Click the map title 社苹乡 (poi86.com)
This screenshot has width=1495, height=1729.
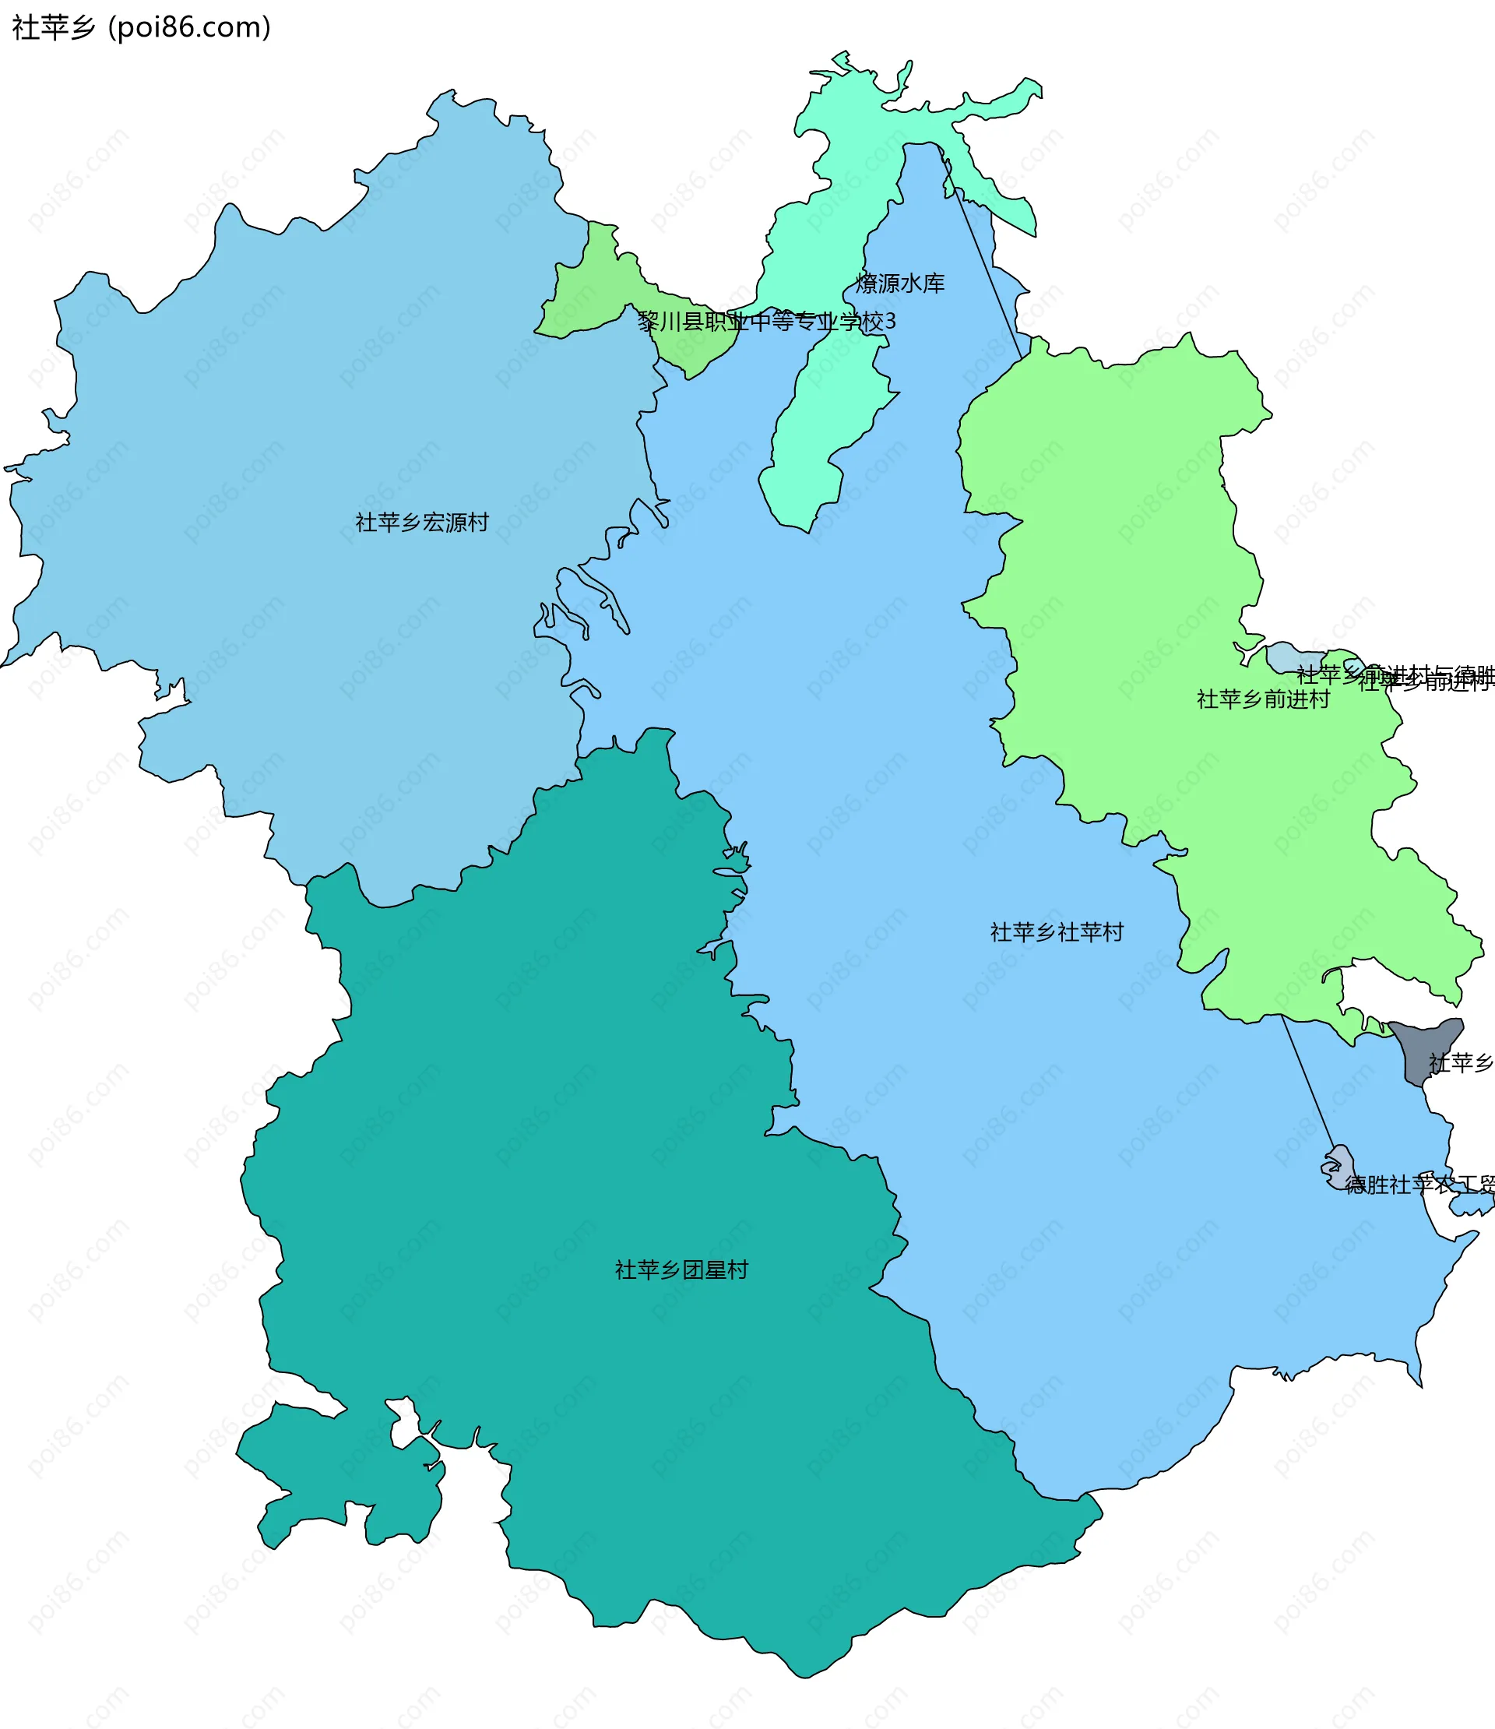[141, 27]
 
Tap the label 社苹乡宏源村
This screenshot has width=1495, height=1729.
[421, 523]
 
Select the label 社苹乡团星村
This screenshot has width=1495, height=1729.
[681, 1270]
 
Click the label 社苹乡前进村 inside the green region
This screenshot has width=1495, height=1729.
[1262, 699]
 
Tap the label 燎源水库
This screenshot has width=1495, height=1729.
[900, 283]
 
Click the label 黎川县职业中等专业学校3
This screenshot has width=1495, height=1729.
[766, 321]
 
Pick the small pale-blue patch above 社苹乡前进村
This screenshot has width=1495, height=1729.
[1289, 657]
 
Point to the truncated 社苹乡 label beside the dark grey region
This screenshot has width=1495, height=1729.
[1460, 1063]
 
